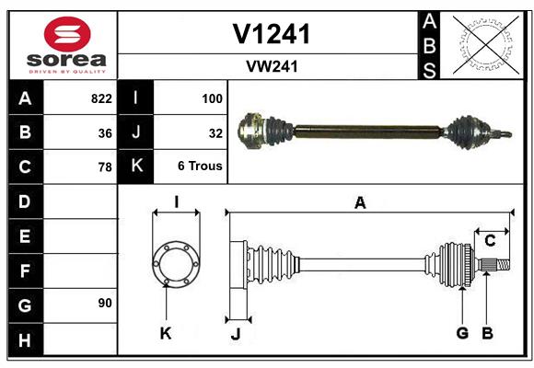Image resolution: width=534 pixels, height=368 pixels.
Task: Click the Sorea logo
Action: [x=66, y=46]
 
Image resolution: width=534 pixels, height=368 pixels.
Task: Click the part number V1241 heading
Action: [x=271, y=34]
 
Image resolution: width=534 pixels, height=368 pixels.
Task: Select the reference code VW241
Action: [x=271, y=66]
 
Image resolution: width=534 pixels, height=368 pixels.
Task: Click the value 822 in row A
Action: [x=101, y=98]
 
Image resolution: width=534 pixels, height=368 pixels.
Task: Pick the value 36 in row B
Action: [x=105, y=132]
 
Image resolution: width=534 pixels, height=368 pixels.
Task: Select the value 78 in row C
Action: [x=105, y=167]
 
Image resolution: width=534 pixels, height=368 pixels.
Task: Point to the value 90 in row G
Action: [x=105, y=303]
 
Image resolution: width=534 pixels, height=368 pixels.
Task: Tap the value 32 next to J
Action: [x=216, y=132]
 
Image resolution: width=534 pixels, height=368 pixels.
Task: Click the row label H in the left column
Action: [x=24, y=339]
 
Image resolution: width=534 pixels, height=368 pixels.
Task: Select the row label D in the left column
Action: [x=24, y=201]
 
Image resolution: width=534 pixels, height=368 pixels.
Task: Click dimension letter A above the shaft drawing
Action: [x=360, y=203]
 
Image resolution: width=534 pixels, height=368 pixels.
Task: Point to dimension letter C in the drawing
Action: [x=490, y=241]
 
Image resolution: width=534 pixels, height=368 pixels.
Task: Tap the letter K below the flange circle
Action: [x=166, y=334]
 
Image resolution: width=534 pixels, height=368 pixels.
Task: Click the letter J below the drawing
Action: [x=235, y=334]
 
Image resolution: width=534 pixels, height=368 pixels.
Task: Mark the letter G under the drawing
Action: [x=462, y=333]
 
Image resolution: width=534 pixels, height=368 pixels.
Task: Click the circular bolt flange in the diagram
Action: [x=175, y=264]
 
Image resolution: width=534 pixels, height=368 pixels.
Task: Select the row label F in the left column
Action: [x=24, y=271]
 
